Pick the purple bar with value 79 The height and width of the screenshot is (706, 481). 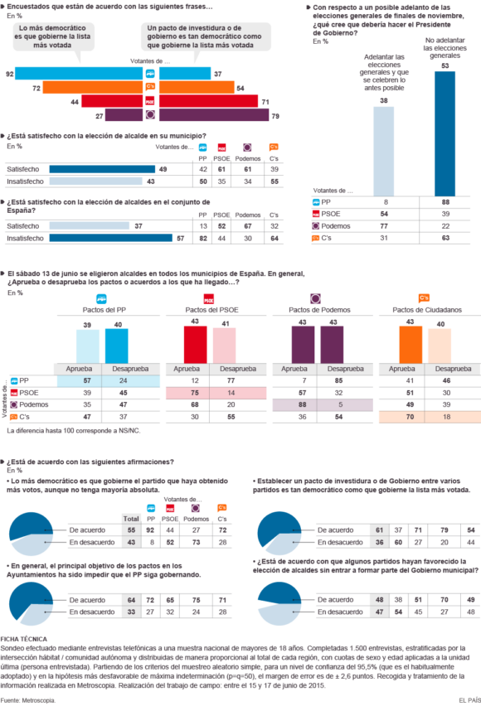tap(213, 115)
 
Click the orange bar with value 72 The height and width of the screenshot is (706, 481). tap(92, 87)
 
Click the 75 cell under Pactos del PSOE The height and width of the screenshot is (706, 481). tap(195, 391)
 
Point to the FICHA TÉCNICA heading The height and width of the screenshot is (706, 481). tap(23, 639)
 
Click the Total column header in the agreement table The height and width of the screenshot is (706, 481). tap(131, 517)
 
